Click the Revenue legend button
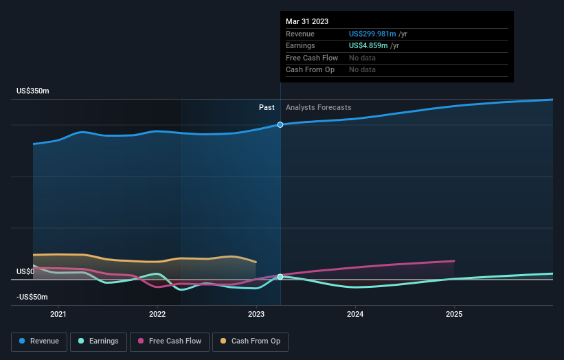[x=40, y=341]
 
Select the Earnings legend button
[x=99, y=341]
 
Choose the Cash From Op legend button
[x=250, y=341]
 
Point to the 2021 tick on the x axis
[x=58, y=315]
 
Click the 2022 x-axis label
[x=157, y=315]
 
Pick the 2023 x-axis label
[x=256, y=315]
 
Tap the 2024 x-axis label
[x=355, y=315]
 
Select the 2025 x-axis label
[x=454, y=315]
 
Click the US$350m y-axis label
[x=33, y=91]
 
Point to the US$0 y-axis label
[x=25, y=271]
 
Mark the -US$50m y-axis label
[x=33, y=297]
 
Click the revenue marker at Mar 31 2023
[x=280, y=124]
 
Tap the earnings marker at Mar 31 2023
[x=280, y=276]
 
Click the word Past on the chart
[x=267, y=107]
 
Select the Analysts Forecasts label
[x=318, y=107]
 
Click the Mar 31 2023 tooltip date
[x=307, y=21]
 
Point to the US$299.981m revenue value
[x=372, y=34]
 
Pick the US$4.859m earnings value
[x=368, y=46]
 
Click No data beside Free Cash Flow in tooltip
[x=362, y=58]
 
